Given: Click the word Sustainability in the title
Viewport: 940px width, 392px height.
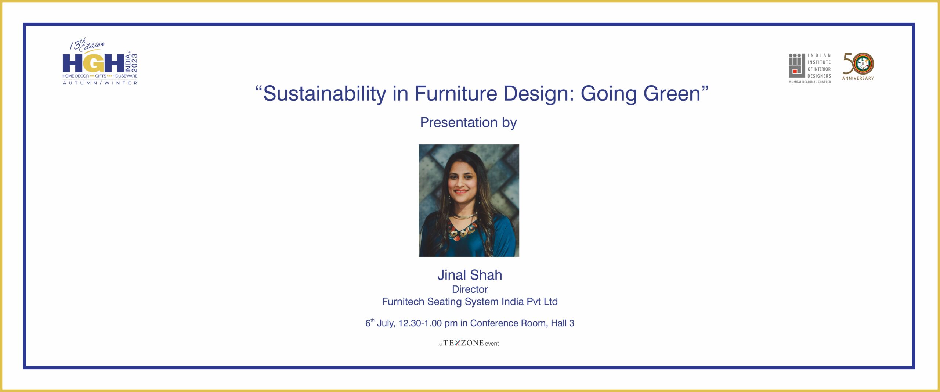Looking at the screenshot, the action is coord(325,94).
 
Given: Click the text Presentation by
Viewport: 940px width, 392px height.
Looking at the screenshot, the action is coord(469,123).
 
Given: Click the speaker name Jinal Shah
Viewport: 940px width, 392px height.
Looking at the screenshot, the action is coord(470,275).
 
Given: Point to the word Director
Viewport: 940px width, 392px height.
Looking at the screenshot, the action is coord(470,289).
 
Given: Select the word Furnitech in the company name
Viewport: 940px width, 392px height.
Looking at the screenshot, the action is coord(403,302).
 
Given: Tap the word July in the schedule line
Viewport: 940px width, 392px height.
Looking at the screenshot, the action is coord(386,323).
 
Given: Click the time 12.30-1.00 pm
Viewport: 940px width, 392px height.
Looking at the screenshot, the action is coord(428,323).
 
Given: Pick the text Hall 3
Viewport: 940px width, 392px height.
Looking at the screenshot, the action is coord(563,323).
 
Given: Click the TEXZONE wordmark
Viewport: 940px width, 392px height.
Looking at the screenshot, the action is coord(463,343).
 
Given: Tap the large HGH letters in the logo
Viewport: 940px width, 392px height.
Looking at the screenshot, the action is coord(93,63).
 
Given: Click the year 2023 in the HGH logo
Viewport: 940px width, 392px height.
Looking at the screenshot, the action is coord(134,63).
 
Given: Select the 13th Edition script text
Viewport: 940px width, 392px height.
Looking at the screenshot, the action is coord(87,45).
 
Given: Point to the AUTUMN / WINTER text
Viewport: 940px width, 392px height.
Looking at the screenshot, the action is coord(100,83).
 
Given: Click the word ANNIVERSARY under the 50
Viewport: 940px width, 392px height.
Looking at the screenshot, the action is coord(858,78).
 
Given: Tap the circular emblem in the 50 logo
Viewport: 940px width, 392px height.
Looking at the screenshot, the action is coord(863,64).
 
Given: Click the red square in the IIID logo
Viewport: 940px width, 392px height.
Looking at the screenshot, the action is coord(795,71).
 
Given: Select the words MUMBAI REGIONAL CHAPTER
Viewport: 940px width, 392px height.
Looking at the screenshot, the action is coord(810,82).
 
